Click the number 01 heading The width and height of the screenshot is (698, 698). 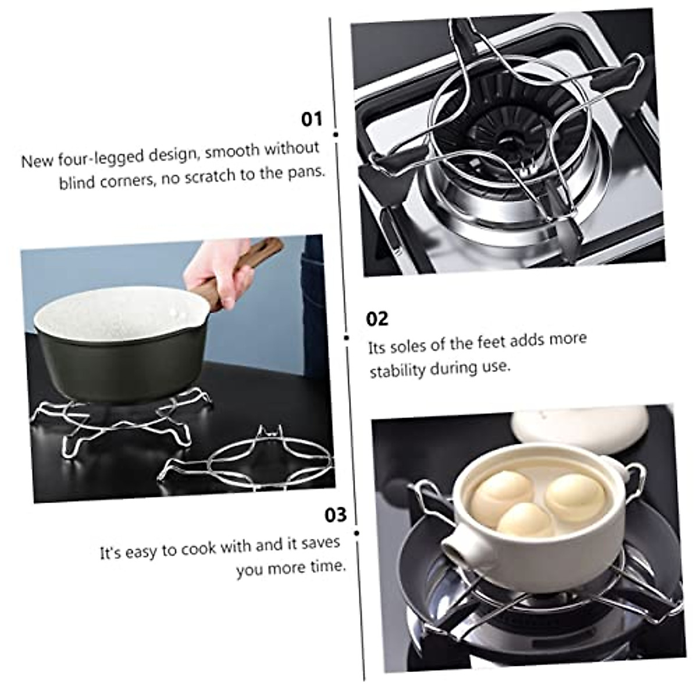pyautogui.click(x=311, y=119)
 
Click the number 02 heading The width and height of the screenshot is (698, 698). pyautogui.click(x=377, y=319)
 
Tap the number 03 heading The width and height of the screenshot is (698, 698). pyautogui.click(x=335, y=515)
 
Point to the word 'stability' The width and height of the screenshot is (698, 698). pyautogui.click(x=398, y=370)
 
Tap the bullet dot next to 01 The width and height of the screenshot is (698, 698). pyautogui.click(x=336, y=134)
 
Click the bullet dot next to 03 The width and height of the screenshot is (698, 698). pyautogui.click(x=356, y=532)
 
